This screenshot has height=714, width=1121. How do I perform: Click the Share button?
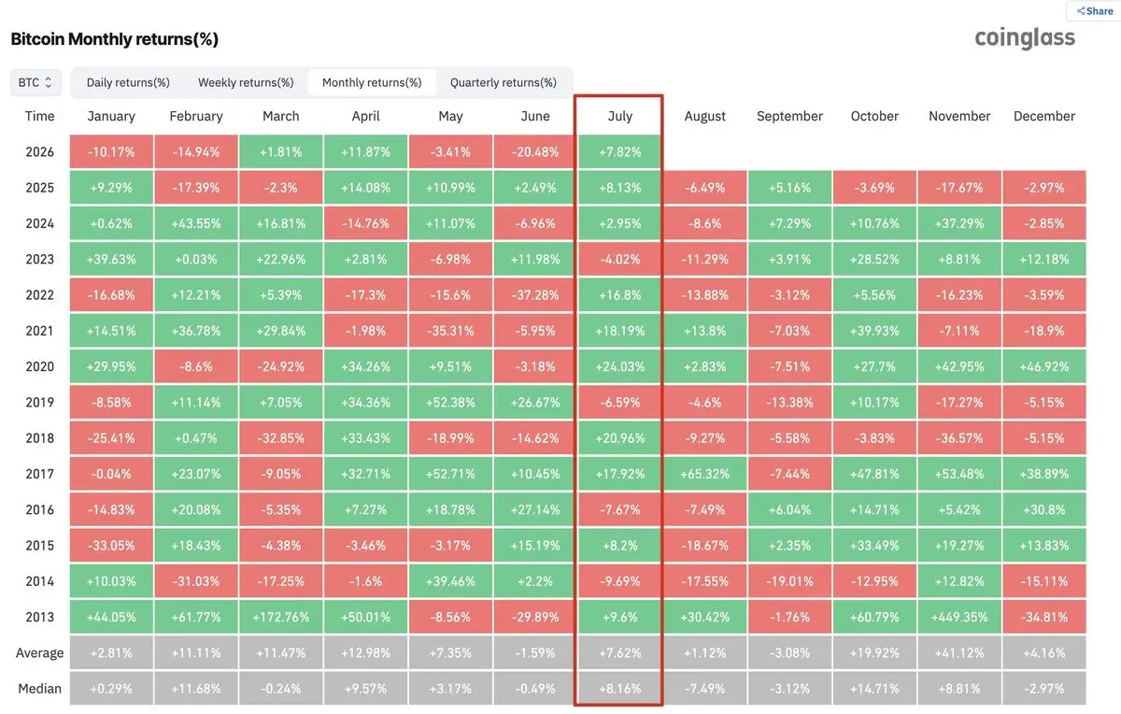click(x=1095, y=11)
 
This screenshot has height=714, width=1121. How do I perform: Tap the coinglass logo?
click(x=1025, y=38)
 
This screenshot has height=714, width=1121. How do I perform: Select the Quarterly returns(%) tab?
click(x=503, y=82)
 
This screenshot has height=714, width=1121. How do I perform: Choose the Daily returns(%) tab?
click(x=128, y=82)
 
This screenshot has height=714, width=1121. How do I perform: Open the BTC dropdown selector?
click(x=35, y=82)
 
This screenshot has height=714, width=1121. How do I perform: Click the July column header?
click(x=619, y=116)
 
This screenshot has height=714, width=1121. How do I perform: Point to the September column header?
click(x=789, y=116)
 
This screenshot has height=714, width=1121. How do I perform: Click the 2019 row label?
click(x=39, y=403)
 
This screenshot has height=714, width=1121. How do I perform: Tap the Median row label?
click(x=39, y=689)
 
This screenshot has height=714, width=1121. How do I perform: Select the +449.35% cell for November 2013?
click(x=959, y=617)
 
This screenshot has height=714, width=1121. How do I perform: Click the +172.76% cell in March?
click(x=281, y=617)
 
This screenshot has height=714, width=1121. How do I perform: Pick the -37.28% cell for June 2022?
click(x=535, y=295)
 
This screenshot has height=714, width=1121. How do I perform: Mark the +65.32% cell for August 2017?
click(x=704, y=474)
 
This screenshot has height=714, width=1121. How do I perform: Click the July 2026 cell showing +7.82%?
click(x=619, y=151)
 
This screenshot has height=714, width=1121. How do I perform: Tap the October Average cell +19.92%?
click(x=874, y=653)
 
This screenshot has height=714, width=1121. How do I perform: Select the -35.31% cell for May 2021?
click(x=450, y=331)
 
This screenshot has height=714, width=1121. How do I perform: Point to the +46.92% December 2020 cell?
click(x=1044, y=366)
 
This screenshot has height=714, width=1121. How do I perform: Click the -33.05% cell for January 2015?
click(x=111, y=545)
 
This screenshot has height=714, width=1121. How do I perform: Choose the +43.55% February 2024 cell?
click(x=196, y=223)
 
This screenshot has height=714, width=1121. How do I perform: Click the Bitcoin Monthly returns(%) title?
click(x=115, y=39)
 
